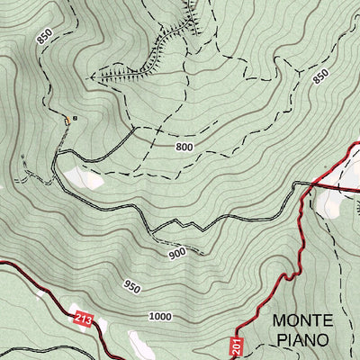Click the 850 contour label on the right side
[x=321, y=77]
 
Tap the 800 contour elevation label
[x=184, y=146]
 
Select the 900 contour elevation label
[x=176, y=254]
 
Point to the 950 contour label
[x=132, y=287]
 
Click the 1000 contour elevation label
[x=160, y=316]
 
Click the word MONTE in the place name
[x=302, y=320]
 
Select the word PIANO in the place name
[x=303, y=342]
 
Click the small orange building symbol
[x=66, y=119]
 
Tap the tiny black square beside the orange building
[x=76, y=117]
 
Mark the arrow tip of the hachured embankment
[x=95, y=78]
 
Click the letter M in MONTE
[x=279, y=320]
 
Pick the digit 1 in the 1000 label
[x=150, y=316]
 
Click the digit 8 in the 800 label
[x=178, y=146]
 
